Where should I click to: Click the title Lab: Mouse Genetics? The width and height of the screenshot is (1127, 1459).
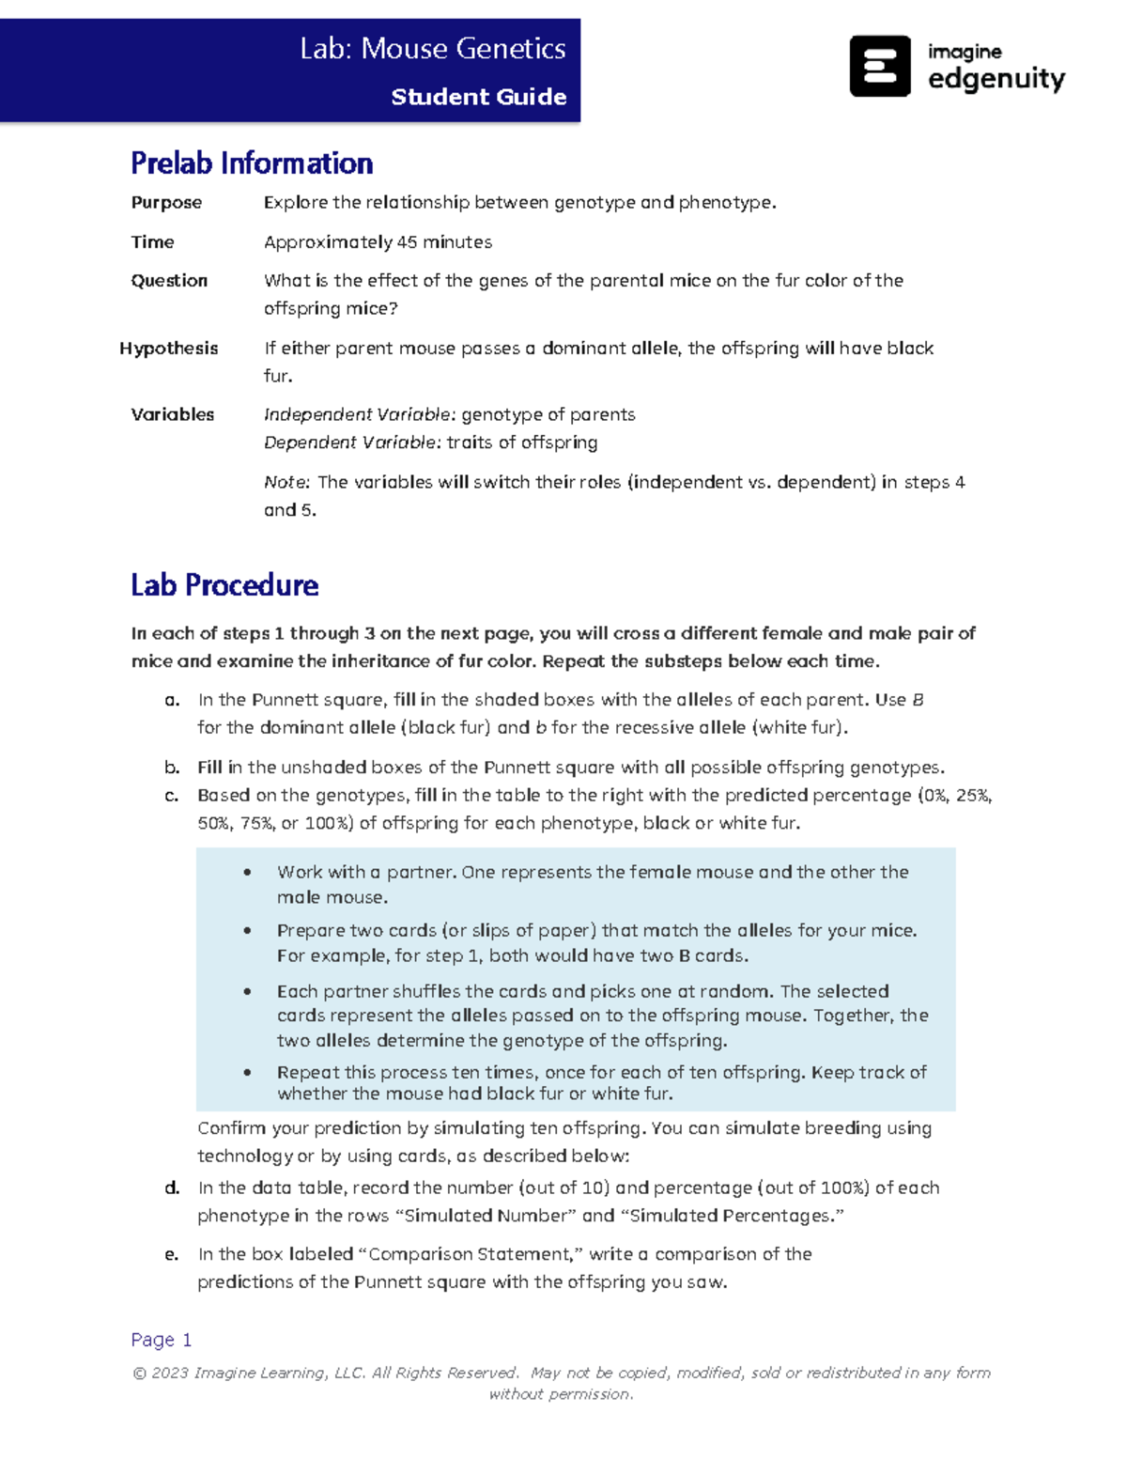[x=432, y=49]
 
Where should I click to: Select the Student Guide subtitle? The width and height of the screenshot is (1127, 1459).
[x=478, y=97]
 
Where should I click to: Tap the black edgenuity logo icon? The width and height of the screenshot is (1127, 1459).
[x=879, y=66]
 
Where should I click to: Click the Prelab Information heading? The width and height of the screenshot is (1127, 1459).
[x=252, y=163]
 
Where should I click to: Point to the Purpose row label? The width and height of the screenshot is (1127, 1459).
[x=166, y=203]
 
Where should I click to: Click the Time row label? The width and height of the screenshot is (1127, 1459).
[x=152, y=242]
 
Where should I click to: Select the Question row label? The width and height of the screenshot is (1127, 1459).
[x=169, y=281]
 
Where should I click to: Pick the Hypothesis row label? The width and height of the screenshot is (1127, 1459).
[x=168, y=349]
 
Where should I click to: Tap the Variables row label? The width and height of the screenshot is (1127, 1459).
[x=172, y=415]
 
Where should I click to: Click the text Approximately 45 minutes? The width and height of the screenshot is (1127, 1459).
[x=378, y=242]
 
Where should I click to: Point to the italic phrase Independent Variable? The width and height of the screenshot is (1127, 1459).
[x=360, y=415]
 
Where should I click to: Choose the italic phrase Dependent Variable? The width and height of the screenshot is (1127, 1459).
[x=352, y=442]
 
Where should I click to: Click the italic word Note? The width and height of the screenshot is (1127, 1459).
[x=286, y=483]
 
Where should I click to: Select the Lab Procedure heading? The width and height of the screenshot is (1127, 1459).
[x=224, y=585]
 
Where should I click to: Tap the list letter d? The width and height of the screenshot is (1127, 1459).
[x=172, y=1188]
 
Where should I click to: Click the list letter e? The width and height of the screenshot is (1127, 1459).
[x=171, y=1255]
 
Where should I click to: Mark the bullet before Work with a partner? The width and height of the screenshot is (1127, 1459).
[x=247, y=873]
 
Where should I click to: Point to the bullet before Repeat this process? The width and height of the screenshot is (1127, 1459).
[x=247, y=1073]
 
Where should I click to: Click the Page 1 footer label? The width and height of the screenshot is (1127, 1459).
[x=162, y=1340]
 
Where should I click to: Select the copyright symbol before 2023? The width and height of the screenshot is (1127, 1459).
[x=139, y=1374]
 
